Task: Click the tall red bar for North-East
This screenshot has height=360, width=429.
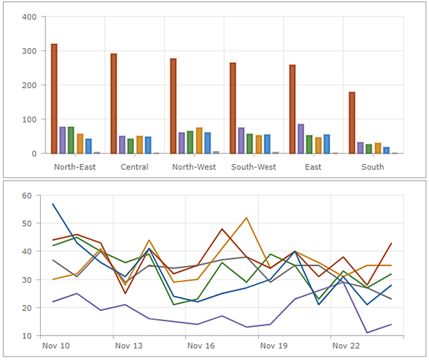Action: pyautogui.click(x=54, y=99)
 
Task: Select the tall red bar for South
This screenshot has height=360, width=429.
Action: pyautogui.click(x=352, y=123)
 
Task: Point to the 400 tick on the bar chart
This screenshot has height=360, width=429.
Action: pyautogui.click(x=28, y=16)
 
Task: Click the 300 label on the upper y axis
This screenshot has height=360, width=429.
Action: pyautogui.click(x=28, y=51)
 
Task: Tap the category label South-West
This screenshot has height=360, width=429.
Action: pyautogui.click(x=253, y=167)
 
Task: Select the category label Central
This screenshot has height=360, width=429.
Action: pyautogui.click(x=134, y=167)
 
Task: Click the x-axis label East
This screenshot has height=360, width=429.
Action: pyautogui.click(x=313, y=167)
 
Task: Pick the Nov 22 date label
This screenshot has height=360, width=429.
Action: pyautogui.click(x=345, y=345)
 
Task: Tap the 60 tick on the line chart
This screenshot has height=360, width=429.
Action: pyautogui.click(x=27, y=196)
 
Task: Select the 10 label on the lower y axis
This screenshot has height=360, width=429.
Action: pyautogui.click(x=27, y=336)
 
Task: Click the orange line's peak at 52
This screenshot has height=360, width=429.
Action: pyautogui.click(x=246, y=218)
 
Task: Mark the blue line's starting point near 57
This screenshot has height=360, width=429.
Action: pyautogui.click(x=53, y=204)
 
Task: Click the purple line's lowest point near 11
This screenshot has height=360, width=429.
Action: pyautogui.click(x=367, y=333)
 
